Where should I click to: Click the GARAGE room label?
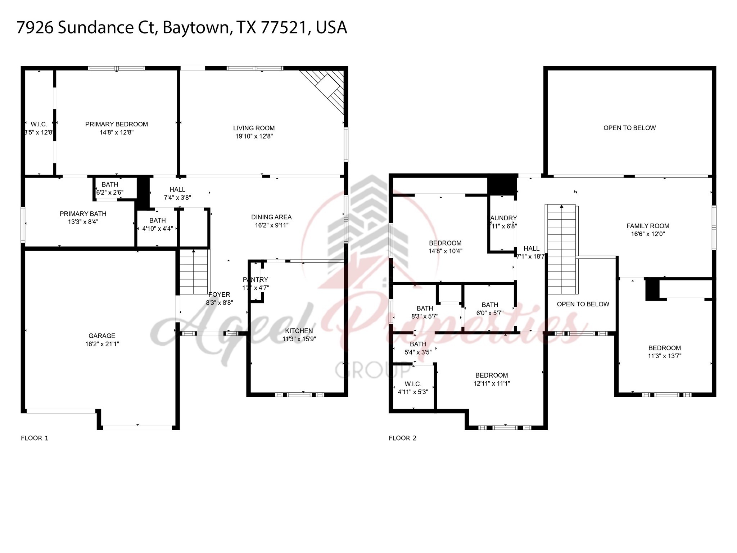click(102, 336)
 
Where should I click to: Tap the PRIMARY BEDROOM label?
click(116, 124)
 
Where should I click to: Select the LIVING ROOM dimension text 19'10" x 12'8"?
click(254, 136)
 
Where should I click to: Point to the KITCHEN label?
click(299, 331)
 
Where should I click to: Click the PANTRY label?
click(256, 279)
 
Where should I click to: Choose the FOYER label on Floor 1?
click(219, 295)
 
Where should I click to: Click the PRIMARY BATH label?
click(83, 214)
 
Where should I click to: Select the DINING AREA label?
click(271, 217)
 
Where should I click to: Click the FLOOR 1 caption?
click(35, 438)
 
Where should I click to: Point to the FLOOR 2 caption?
click(402, 438)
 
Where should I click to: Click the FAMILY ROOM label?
click(648, 226)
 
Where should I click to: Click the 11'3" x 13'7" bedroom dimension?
click(664, 356)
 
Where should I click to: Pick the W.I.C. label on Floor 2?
click(413, 384)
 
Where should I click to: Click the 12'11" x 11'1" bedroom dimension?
click(492, 383)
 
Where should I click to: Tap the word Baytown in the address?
click(196, 28)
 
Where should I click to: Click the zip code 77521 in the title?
click(285, 28)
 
